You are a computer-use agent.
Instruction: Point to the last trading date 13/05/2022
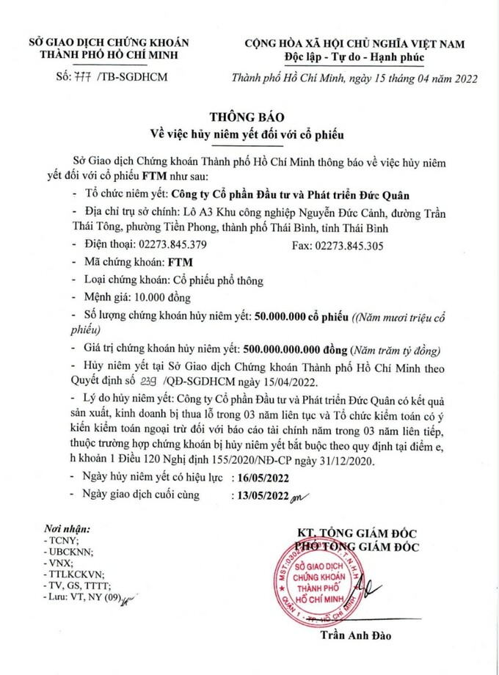261,495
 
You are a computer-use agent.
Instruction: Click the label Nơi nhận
67,528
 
